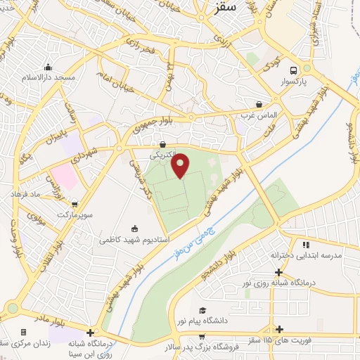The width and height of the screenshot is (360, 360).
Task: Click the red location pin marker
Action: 181,165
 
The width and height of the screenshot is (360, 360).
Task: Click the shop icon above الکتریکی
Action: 162,143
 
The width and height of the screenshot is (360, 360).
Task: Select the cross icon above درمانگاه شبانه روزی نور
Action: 280,271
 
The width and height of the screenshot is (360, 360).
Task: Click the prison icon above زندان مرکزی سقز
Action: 23,332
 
